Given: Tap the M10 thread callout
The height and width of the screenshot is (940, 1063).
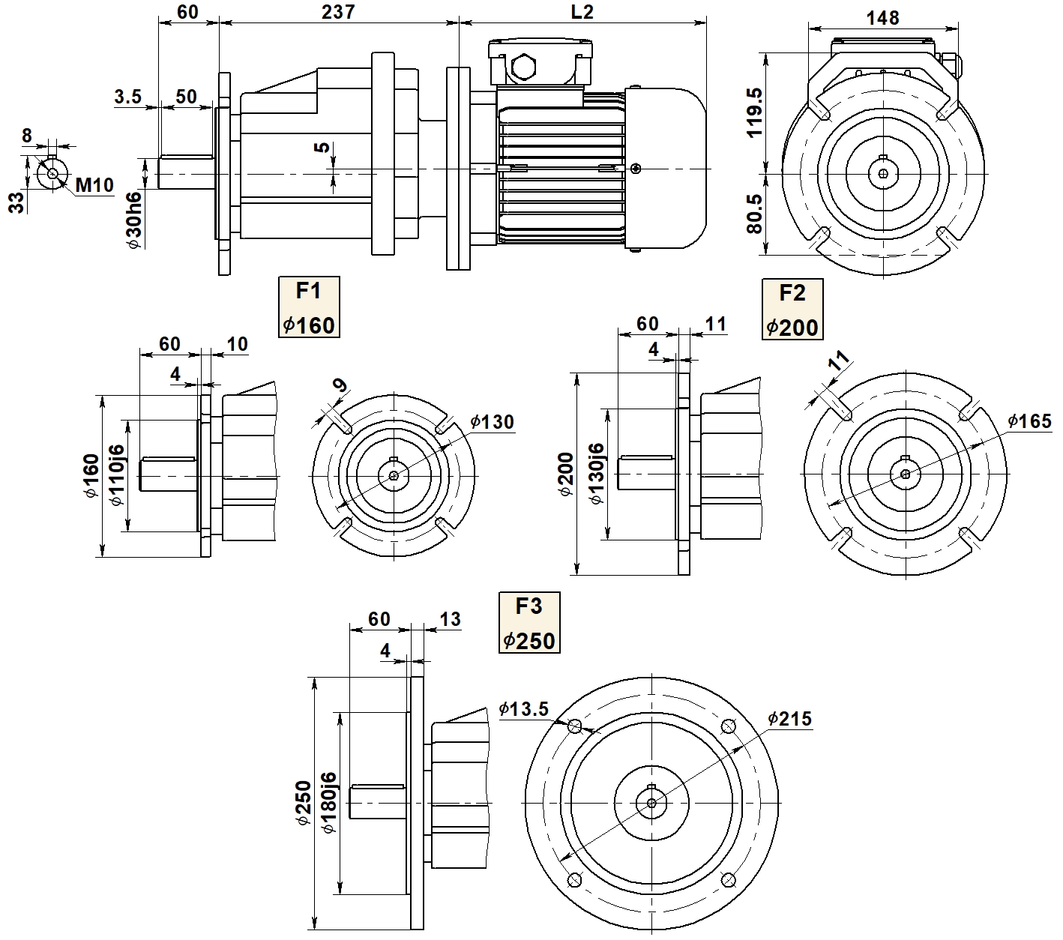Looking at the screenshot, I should click(x=95, y=184).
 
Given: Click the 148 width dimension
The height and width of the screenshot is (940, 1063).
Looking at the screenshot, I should click(x=882, y=17).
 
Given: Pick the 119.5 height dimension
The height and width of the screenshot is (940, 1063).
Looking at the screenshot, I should click(x=754, y=112).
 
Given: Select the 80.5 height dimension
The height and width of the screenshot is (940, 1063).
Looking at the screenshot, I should click(x=754, y=214).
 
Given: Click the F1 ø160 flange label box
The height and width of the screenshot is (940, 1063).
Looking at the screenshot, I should click(x=309, y=307).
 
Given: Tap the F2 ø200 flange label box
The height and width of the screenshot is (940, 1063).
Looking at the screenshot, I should click(x=792, y=309).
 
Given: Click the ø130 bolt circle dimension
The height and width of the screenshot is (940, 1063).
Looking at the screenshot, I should click(x=493, y=422).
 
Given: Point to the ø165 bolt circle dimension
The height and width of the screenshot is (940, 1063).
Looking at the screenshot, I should click(x=1029, y=421).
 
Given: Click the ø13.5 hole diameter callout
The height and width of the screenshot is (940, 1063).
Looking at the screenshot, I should click(x=524, y=708).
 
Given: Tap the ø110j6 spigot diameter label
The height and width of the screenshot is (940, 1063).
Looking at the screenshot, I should click(x=117, y=477).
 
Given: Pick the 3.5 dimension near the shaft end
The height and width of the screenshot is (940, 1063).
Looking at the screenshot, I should click(x=128, y=97).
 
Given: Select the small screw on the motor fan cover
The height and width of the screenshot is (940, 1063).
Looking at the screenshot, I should click(x=636, y=169).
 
